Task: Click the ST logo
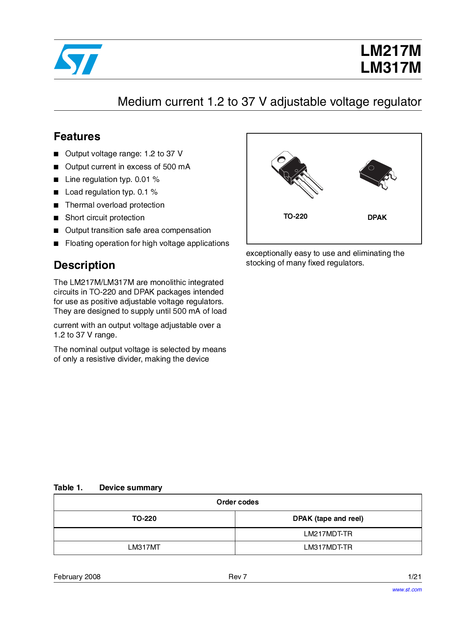point(78,59)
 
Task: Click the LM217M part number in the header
point(390,51)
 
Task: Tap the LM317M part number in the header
point(390,68)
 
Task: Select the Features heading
point(77,137)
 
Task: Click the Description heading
point(84,265)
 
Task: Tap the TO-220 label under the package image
point(295,216)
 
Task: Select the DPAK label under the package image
point(377,218)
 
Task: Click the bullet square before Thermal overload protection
point(56,205)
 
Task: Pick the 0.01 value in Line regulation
point(142,180)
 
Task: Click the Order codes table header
point(238,502)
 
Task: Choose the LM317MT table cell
point(144,547)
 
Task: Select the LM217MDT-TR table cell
point(328,534)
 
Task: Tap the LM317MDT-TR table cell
point(328,547)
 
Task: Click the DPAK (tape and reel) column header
point(328,519)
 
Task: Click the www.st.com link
point(407,590)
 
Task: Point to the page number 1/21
point(415,577)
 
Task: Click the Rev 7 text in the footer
point(238,577)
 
